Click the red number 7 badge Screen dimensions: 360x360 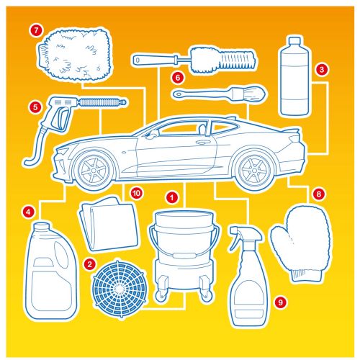(x=36, y=30)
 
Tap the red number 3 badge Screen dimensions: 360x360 (x=322, y=70)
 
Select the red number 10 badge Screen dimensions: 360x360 (x=137, y=193)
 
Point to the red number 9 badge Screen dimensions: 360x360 (x=280, y=302)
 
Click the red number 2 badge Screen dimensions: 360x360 (x=90, y=264)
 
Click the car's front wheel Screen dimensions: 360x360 (x=94, y=170)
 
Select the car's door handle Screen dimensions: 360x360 (x=202, y=143)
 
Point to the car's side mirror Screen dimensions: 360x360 (x=150, y=135)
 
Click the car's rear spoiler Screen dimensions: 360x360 (x=292, y=130)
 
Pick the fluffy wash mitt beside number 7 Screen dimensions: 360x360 (x=74, y=55)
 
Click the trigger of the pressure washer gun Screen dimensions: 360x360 (x=60, y=119)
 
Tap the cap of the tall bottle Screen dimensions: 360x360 (x=294, y=41)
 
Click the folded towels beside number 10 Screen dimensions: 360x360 (x=110, y=224)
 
